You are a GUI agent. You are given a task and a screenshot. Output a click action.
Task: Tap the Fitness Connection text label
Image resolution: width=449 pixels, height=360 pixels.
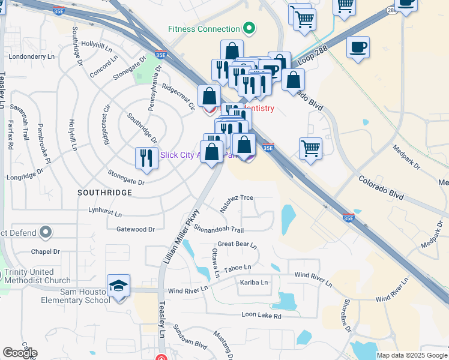click(x=204, y=29)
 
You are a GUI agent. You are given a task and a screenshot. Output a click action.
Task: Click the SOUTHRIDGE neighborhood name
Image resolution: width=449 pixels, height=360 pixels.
click(x=104, y=193)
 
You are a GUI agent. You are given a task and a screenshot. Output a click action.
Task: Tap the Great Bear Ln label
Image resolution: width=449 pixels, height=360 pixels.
click(x=237, y=245)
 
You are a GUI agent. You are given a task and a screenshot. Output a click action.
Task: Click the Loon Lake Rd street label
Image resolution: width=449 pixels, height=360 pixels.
click(x=261, y=315)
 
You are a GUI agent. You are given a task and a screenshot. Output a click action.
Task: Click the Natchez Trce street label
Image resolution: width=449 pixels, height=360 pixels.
click(x=237, y=203)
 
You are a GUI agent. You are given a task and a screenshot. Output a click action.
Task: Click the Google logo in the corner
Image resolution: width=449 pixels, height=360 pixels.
click(x=20, y=353)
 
